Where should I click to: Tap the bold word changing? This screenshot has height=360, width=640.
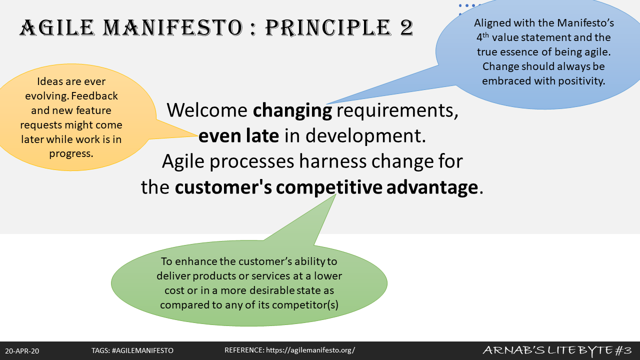tap(292, 111)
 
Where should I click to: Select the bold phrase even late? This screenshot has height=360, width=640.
tap(238, 135)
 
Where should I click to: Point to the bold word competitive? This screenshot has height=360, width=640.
tap(329, 187)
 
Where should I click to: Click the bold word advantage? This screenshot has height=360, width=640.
tap(432, 187)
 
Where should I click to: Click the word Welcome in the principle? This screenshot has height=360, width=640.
tap(207, 110)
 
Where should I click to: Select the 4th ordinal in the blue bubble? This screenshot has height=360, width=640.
tap(482, 37)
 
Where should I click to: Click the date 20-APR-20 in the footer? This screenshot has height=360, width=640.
tap(22, 351)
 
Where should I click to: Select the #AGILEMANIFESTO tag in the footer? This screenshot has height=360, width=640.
tap(142, 350)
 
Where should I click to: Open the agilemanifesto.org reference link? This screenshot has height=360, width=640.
tap(310, 350)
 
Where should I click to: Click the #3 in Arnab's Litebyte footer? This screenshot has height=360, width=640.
tap(623, 350)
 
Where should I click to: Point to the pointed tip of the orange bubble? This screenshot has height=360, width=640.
tap(198, 135)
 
